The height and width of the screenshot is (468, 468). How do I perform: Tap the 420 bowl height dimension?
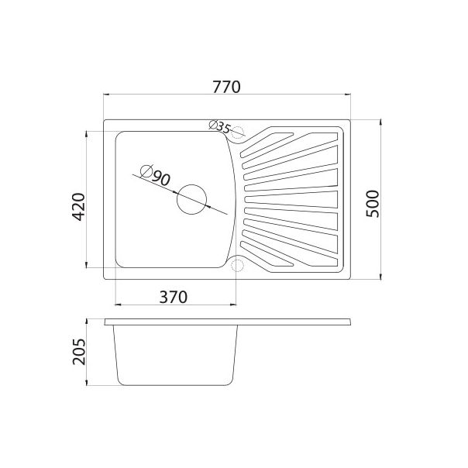click(77, 207)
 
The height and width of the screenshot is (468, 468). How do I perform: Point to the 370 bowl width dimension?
click(174, 296)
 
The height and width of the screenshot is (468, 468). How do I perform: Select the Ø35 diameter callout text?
click(220, 126)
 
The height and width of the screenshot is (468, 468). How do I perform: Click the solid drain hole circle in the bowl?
click(191, 199)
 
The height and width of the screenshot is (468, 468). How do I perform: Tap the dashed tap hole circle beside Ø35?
click(237, 132)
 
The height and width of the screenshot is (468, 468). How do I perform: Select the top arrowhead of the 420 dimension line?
click(86, 132)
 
